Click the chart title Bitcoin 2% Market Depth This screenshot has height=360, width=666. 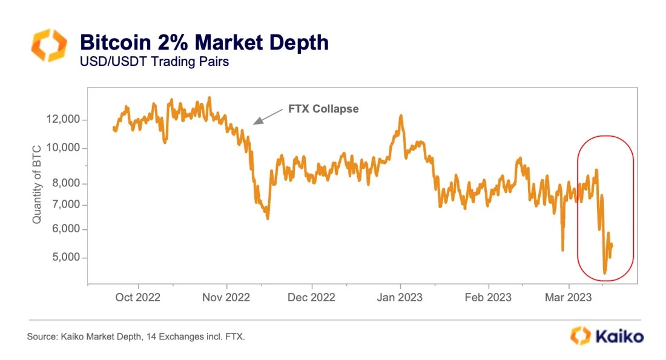click(204, 42)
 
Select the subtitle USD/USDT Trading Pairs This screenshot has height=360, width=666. click(154, 62)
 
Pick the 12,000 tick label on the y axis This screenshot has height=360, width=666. click(64, 120)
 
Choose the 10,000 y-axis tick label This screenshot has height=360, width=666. click(64, 148)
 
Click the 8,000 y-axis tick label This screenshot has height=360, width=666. click(66, 183)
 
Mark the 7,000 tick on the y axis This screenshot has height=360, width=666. click(66, 205)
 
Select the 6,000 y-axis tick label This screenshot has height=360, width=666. click(66, 229)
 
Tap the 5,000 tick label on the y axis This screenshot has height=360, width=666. click(66, 258)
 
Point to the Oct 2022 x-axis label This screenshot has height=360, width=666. click(139, 298)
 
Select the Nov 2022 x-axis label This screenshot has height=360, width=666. click(227, 298)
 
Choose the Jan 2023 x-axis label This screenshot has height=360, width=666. click(400, 298)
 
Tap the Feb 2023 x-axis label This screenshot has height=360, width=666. click(488, 298)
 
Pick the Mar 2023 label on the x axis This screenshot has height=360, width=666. click(569, 298)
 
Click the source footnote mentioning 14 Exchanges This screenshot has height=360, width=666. click(136, 336)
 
